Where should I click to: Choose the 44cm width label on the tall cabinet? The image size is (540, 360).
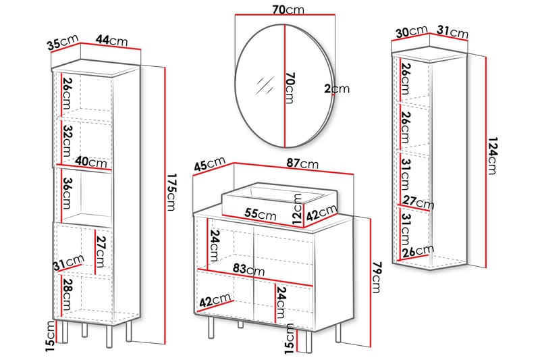coord(111,41)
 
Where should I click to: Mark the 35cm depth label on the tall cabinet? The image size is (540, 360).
coord(63,44)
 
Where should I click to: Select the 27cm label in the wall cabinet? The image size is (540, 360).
coord(418,202)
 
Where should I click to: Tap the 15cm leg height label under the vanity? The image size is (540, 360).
coord(289,338)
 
